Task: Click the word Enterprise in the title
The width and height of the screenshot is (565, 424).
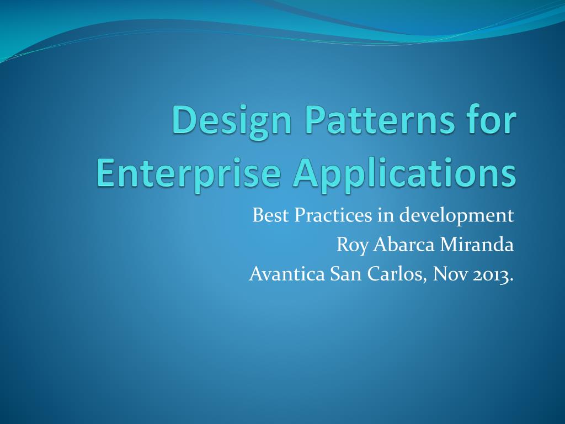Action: (x=188, y=174)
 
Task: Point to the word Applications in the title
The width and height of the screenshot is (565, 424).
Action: (x=405, y=174)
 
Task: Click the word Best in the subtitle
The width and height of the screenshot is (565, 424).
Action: (x=270, y=215)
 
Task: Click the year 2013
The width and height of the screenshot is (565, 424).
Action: (x=491, y=274)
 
